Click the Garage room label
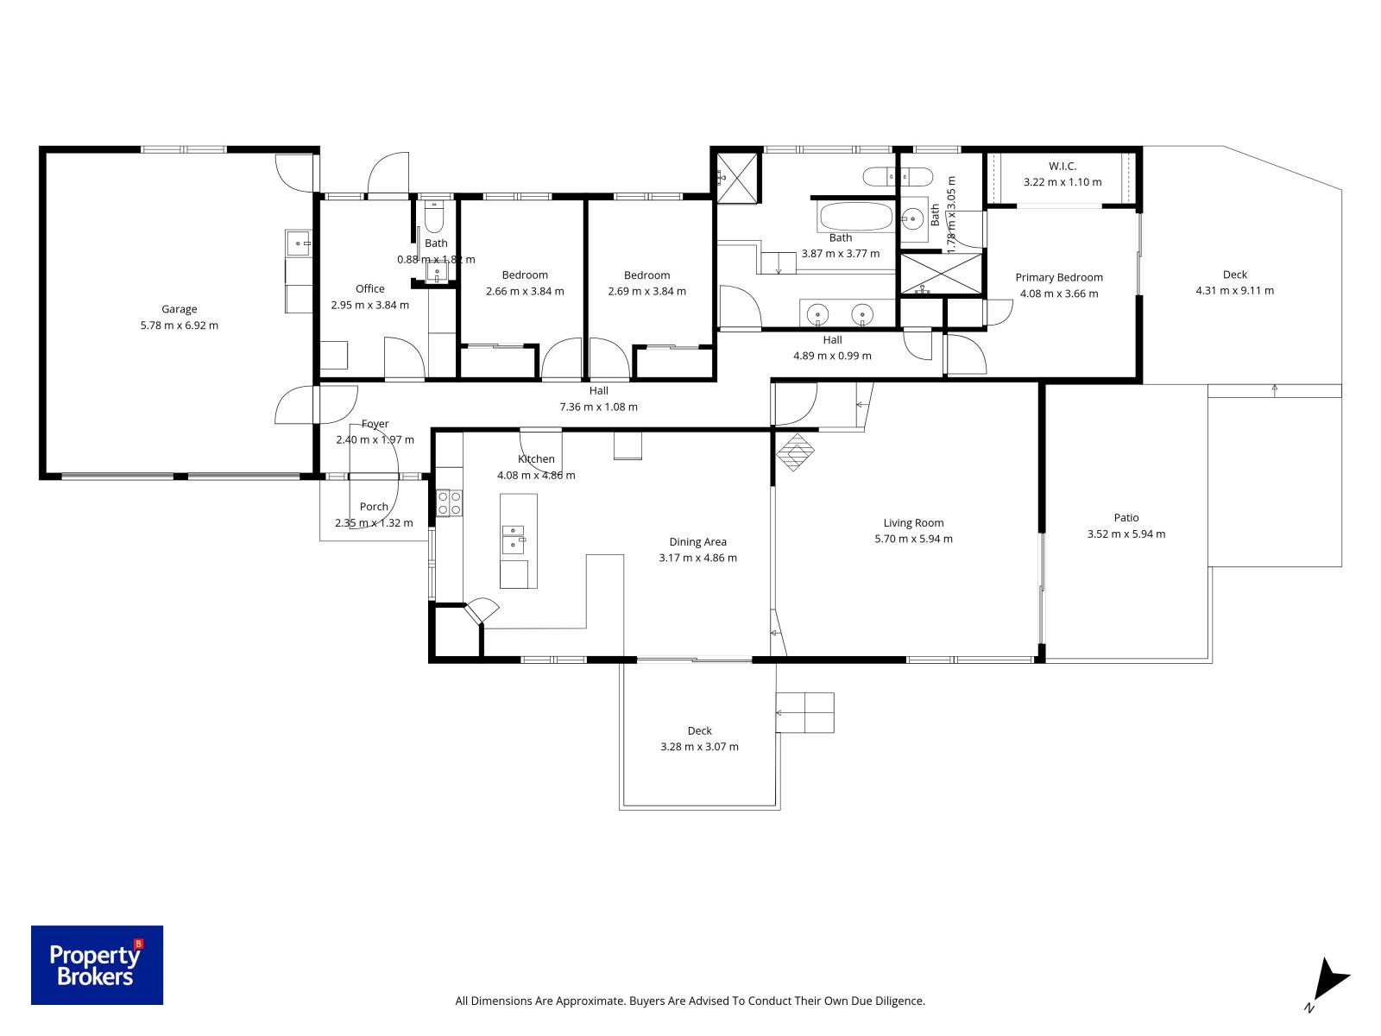point(180,309)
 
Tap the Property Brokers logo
point(97,965)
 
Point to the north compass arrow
point(1332,980)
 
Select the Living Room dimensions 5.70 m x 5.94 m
point(913,539)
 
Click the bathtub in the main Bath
point(855,216)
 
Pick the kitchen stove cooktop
point(449,502)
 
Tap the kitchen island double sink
point(514,539)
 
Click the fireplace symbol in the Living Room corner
point(795,451)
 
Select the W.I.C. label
point(1063,166)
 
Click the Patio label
point(1126,518)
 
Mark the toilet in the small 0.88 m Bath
point(436,216)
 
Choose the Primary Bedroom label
point(1059,277)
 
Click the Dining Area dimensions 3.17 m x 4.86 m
point(697,558)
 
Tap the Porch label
point(374,507)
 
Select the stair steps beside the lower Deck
point(805,712)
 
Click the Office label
point(369,289)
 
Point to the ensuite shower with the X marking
point(941,274)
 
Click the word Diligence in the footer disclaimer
point(898,1001)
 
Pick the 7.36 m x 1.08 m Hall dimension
point(598,407)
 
